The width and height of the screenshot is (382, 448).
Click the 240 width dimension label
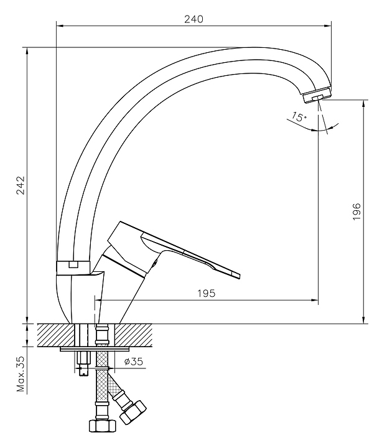[193, 19]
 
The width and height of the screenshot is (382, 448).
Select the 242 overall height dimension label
[21, 185]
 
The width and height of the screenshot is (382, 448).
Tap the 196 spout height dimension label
[356, 212]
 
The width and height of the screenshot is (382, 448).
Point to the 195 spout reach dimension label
[207, 294]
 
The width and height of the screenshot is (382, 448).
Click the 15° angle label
[299, 116]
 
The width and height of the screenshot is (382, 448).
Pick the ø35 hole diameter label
[133, 362]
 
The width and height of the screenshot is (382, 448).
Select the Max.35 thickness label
[21, 374]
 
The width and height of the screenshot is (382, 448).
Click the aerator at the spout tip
[317, 95]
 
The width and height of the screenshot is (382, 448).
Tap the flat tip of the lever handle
[236, 275]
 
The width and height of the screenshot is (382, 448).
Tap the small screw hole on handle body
[154, 263]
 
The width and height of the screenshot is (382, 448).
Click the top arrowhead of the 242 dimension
[27, 50]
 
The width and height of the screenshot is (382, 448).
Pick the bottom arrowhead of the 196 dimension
[364, 320]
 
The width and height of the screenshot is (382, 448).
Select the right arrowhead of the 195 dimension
[315, 300]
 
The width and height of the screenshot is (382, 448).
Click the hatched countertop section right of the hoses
[133, 335]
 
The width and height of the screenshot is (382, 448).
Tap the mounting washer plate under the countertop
[95, 349]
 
